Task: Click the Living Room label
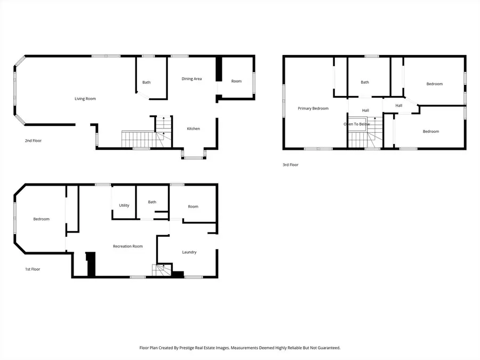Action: point(85,99)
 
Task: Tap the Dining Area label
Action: point(191,79)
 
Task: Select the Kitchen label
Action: point(193,129)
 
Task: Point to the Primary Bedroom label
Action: point(313,108)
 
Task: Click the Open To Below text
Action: point(356,124)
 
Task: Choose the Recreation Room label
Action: point(127,246)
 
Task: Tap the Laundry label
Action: point(189,252)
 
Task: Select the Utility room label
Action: point(124,205)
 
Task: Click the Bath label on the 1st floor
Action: point(152,202)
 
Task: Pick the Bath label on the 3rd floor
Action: point(365,82)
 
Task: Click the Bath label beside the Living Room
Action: point(146,82)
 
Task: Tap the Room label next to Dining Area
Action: point(236,81)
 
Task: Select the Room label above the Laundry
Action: point(193,207)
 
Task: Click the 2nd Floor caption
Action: point(33,141)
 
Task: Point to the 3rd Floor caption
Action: point(291,165)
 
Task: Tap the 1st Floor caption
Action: point(33,269)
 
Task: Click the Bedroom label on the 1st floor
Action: point(41,219)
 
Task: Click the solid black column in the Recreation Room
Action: point(91,264)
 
